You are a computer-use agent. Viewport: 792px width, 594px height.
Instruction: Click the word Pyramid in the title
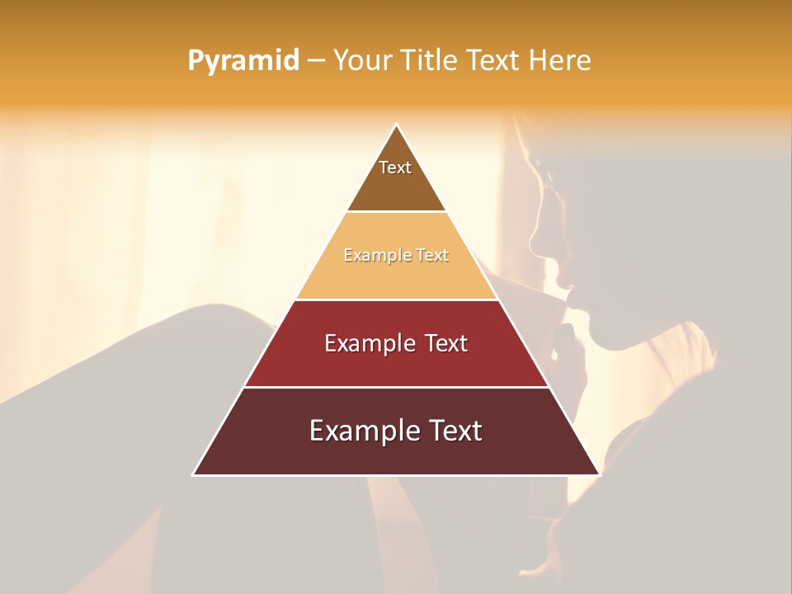[x=243, y=61]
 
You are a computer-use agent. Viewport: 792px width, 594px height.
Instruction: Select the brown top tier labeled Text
[x=396, y=186]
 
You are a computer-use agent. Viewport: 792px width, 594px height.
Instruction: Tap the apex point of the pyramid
[x=396, y=125]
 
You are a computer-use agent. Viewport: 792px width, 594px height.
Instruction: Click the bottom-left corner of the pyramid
[x=194, y=474]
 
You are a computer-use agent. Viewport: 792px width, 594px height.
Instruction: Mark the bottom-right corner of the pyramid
[x=599, y=474]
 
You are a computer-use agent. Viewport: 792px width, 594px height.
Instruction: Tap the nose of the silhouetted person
[x=535, y=242]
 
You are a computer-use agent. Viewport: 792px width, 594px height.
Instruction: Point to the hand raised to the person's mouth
[x=569, y=346]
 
